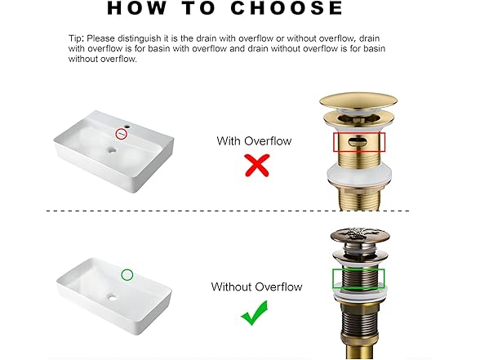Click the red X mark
point(257,165)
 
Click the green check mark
point(255,313)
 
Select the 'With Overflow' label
point(254,141)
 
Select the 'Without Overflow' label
point(256,287)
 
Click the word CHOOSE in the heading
point(287,8)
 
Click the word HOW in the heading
point(137,8)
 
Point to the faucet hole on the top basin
point(127,126)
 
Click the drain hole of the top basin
point(112,150)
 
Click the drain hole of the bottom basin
point(112,297)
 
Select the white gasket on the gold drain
point(359,175)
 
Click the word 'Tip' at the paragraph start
point(75,39)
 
